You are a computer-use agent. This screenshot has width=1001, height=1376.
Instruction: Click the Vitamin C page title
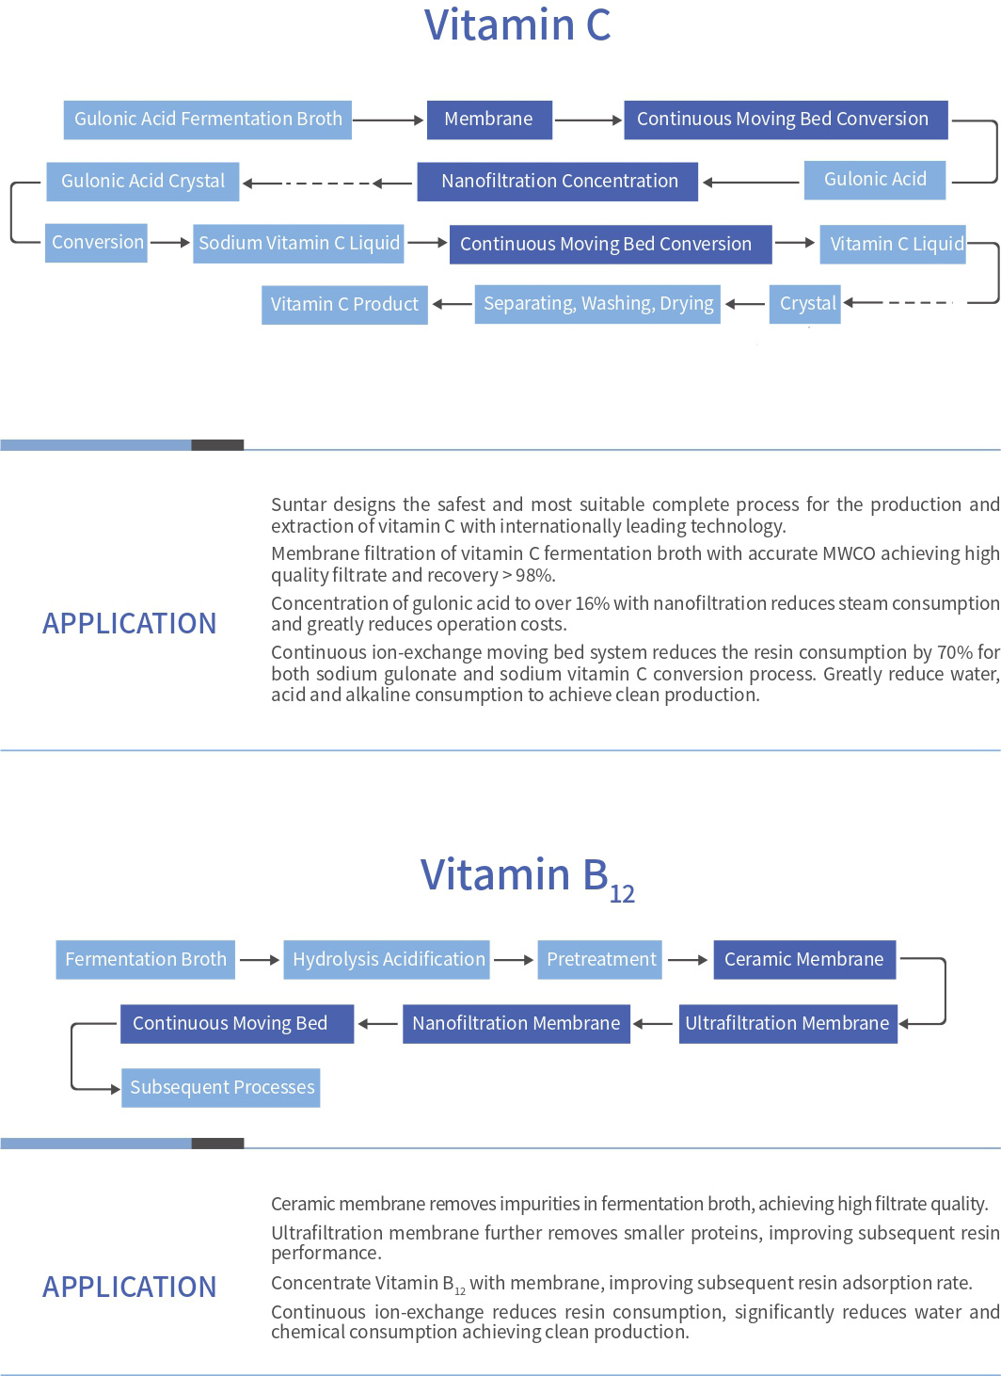[517, 25]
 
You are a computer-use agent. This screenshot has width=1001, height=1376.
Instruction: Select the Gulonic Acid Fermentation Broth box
[208, 120]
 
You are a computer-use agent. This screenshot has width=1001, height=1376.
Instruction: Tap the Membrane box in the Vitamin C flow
[489, 120]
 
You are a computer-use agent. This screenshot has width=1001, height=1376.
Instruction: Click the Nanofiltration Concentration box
[558, 182]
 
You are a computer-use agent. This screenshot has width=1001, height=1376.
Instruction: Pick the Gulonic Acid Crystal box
[142, 182]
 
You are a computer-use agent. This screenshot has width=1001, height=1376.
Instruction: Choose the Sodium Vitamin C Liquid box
[298, 243]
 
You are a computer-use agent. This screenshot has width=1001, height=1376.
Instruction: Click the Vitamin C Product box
[344, 305]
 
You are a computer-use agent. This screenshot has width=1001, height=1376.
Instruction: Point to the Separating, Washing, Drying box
[597, 304]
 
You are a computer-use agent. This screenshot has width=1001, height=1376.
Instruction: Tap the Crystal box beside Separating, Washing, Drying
[805, 304]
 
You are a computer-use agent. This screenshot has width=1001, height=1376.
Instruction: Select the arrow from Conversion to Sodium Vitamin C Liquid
[170, 243]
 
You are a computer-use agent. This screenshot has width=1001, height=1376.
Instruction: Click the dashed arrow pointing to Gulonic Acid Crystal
[327, 183]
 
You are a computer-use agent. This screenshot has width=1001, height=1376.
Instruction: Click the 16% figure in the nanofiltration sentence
[592, 603]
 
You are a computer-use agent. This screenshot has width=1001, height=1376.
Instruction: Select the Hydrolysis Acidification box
[387, 959]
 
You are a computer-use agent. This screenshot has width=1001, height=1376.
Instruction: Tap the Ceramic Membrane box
[804, 959]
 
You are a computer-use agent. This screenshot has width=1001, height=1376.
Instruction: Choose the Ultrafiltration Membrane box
[787, 1024]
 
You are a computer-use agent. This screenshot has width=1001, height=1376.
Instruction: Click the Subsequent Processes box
[220, 1088]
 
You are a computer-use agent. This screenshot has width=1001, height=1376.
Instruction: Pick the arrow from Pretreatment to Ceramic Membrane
[688, 959]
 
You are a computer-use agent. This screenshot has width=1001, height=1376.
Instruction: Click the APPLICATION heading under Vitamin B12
[130, 1287]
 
